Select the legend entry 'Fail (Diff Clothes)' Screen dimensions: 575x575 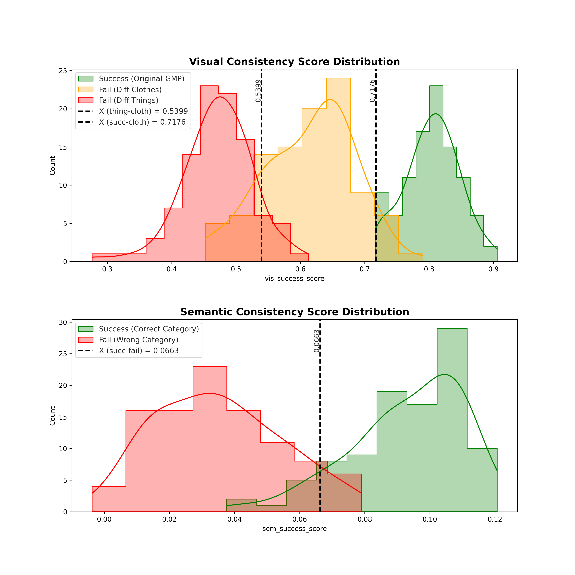130,90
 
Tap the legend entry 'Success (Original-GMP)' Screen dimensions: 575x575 141,79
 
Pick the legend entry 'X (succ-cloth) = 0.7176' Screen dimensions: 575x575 142,122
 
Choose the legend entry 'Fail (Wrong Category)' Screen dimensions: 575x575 138,340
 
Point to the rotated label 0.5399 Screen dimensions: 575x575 258,91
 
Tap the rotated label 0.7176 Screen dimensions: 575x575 372,91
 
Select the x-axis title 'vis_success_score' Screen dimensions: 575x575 294,279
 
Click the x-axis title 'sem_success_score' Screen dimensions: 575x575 294,529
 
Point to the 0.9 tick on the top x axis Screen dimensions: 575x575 493,269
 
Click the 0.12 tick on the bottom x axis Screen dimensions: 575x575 495,520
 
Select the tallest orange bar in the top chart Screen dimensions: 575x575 338,170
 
